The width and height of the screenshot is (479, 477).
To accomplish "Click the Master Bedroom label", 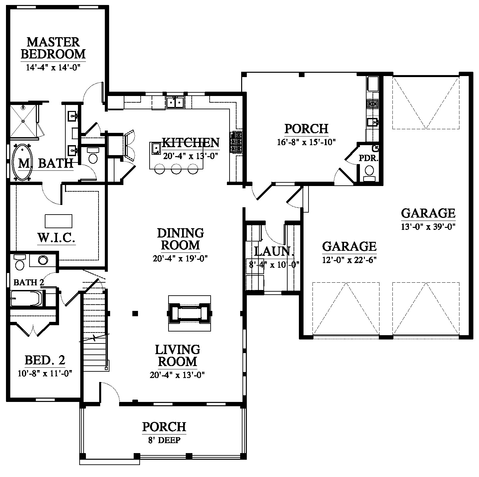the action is [x=53, y=48].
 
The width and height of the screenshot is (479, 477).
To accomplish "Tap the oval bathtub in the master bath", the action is [x=22, y=162].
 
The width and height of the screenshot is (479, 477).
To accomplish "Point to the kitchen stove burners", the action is [x=237, y=142].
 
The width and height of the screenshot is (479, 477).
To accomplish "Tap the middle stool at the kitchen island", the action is [x=176, y=169].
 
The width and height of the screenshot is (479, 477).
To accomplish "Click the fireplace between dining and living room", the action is [x=190, y=313].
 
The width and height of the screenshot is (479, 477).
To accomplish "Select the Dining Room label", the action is [x=180, y=239].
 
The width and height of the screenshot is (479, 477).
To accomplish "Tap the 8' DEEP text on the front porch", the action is [x=164, y=440].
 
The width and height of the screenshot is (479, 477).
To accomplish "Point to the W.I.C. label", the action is [x=56, y=238].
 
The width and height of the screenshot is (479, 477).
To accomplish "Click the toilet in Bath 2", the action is [x=19, y=262].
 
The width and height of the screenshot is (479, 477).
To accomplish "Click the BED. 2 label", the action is [x=45, y=360].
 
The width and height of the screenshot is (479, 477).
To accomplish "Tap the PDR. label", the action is [x=369, y=158].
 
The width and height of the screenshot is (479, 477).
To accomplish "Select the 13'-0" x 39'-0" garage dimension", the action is [x=428, y=227].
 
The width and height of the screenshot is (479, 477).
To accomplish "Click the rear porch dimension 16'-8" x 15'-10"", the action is [x=306, y=142].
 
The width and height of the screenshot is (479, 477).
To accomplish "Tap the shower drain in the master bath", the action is [x=23, y=121].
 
